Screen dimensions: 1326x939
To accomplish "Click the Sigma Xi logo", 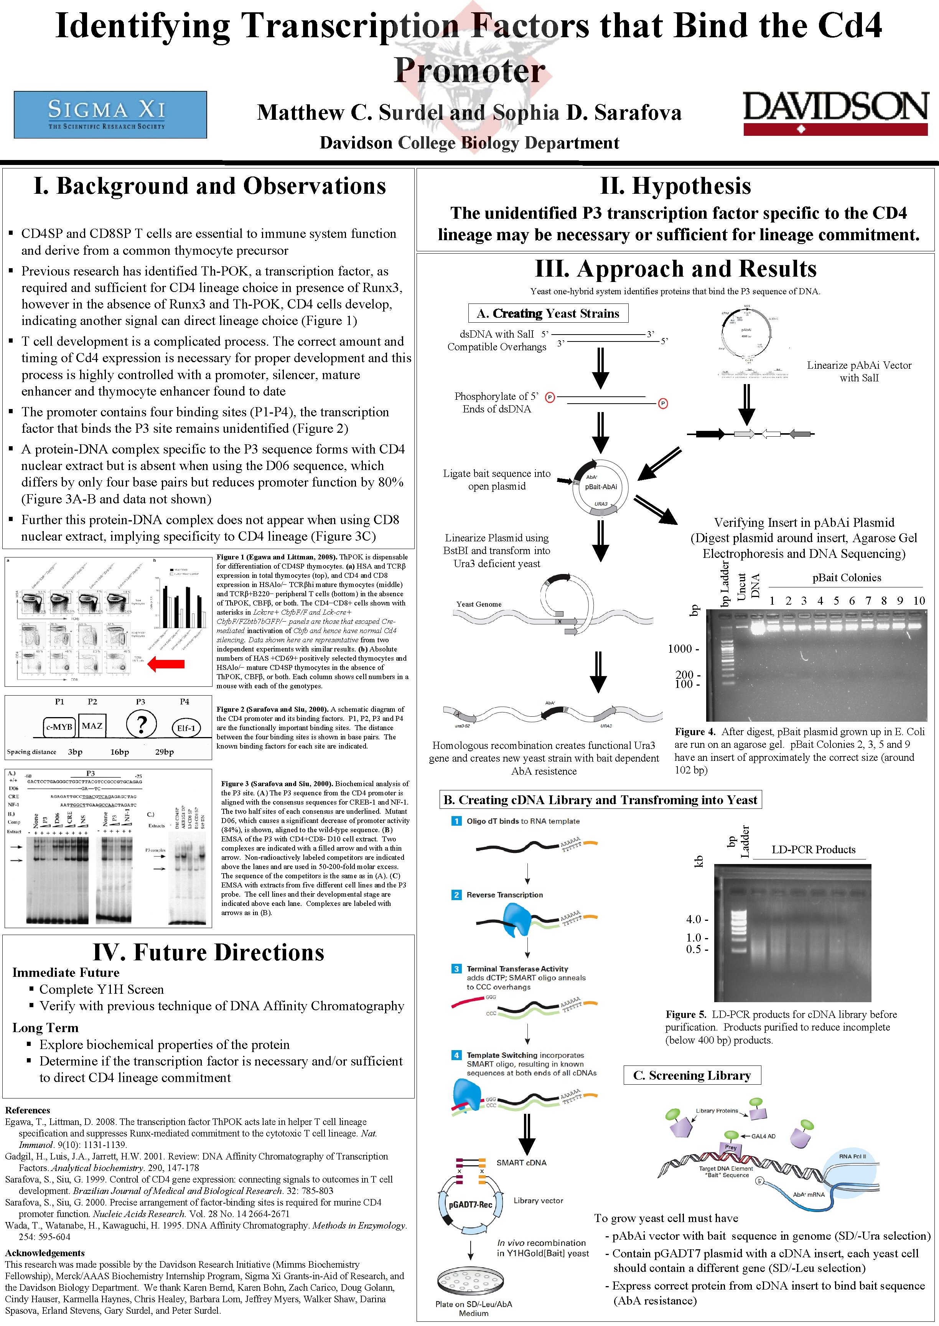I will pos(110,114).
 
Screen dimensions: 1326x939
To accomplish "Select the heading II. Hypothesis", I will pos(675,186).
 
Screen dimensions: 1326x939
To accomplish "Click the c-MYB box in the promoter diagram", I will pos(59,727).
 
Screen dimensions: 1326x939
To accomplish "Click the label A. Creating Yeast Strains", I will pos(547,313).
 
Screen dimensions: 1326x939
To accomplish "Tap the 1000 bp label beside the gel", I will pos(683,649).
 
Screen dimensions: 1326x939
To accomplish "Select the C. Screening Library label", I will pos(692,1075).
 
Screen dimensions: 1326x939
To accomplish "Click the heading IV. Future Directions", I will pos(209,952).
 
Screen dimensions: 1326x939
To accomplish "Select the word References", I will pos(28,1110).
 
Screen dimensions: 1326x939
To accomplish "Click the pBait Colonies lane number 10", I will pos(919,601).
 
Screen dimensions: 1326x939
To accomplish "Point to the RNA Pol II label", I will pos(852,1156).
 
